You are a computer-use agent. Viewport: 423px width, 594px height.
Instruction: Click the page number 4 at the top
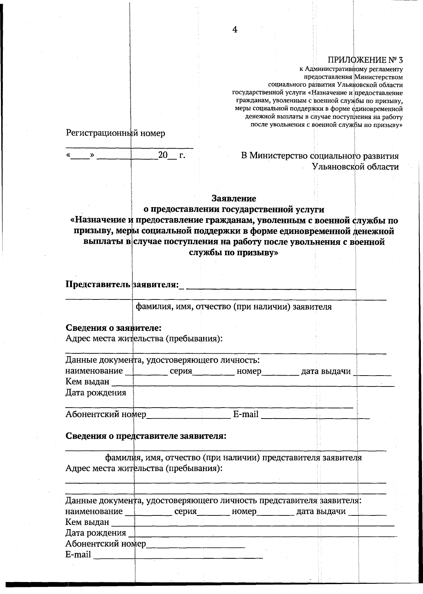pos(235,30)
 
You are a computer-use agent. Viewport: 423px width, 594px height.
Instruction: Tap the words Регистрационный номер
pos(115,133)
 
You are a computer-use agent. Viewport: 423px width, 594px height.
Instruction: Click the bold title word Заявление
pos(234,198)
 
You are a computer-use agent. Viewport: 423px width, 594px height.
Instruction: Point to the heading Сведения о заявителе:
pos(114,328)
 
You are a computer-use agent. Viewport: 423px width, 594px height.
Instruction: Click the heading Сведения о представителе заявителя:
pos(146,436)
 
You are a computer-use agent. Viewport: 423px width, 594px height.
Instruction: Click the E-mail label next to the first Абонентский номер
pos(246,414)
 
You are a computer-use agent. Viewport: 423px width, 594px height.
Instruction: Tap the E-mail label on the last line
pos(78,555)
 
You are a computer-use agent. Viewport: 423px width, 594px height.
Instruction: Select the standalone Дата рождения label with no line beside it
pos(96,392)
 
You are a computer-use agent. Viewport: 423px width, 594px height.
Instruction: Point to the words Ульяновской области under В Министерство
pos(355,167)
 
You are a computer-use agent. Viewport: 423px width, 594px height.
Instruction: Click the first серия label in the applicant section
pos(180,371)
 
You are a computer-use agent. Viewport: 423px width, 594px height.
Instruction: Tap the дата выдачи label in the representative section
pos(321,511)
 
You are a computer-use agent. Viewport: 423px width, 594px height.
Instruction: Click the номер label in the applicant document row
pos(249,371)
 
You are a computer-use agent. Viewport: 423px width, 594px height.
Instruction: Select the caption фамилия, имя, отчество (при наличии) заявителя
pos(234,307)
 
